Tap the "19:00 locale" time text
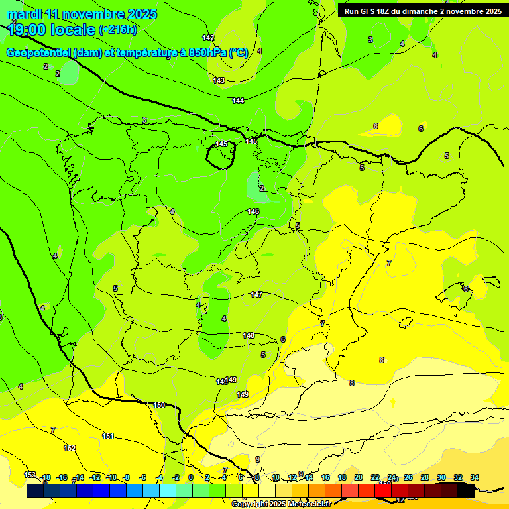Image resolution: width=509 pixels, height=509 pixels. point(50,30)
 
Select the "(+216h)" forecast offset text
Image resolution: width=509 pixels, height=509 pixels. point(118,30)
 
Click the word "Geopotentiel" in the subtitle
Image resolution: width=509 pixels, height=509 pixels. point(38,53)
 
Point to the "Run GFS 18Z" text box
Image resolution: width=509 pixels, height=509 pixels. point(422,11)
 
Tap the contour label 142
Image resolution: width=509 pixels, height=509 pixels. point(208,38)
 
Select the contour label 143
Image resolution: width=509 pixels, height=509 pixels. point(219,80)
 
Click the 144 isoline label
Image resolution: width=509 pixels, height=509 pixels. point(238,101)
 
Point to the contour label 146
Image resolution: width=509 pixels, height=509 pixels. point(253,211)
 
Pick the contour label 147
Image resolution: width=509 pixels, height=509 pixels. point(256,294)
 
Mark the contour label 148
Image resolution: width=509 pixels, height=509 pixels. point(249,335)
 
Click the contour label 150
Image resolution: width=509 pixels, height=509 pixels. point(159,405)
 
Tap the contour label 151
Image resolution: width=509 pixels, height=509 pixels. point(108,436)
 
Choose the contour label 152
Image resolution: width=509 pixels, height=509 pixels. point(70,448)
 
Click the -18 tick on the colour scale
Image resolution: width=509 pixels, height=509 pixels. point(45,477)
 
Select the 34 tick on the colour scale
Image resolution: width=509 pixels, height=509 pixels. point(475,477)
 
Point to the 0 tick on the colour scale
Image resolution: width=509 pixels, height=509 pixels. point(191,477)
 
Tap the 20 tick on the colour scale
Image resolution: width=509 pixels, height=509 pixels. point(358,477)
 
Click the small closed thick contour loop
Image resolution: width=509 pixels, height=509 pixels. point(221,154)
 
